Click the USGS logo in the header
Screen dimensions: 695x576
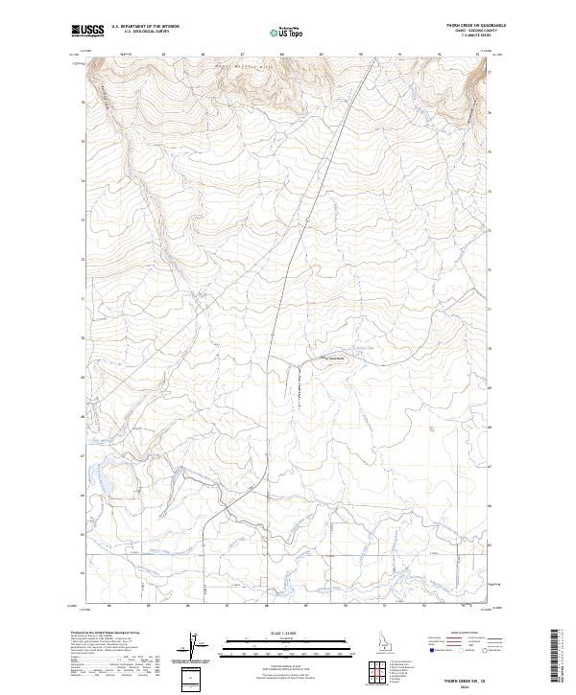88,31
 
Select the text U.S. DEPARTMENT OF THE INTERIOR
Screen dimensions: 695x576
145,27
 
